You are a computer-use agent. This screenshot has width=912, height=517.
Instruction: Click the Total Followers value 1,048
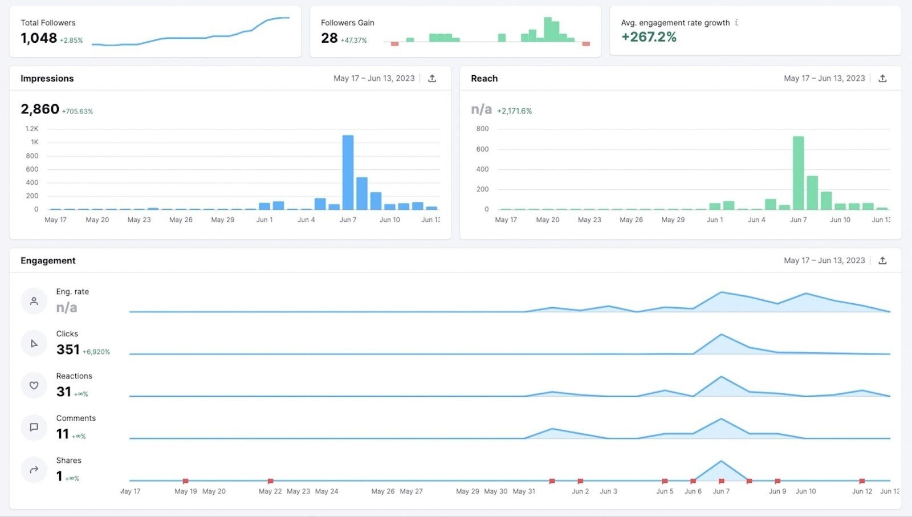point(39,38)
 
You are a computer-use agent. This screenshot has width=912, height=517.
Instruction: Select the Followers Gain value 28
point(329,38)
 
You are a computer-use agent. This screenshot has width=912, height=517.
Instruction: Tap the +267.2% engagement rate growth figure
point(649,37)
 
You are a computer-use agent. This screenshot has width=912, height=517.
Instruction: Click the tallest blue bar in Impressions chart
point(348,172)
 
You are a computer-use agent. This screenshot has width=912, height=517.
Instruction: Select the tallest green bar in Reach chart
point(798,173)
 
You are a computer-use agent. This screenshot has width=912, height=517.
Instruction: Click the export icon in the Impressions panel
point(432,79)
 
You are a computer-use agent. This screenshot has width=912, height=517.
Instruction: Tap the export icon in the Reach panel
point(882,79)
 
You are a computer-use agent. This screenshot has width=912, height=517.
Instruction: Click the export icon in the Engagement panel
point(882,260)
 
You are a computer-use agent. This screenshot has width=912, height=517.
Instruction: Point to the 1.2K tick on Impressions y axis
point(32,129)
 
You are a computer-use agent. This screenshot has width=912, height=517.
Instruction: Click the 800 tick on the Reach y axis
point(482,129)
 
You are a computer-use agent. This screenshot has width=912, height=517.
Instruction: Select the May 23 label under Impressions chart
point(139,219)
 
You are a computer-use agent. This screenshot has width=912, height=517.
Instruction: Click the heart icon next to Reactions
point(34,385)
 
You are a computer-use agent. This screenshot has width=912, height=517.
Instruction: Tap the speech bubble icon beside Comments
point(34,428)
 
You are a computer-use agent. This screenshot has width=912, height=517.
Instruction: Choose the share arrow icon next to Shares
point(34,470)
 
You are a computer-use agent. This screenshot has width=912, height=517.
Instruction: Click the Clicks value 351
point(68,349)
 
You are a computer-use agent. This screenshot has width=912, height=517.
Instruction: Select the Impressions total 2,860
point(40,109)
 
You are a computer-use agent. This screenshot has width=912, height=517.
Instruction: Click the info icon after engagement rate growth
point(736,23)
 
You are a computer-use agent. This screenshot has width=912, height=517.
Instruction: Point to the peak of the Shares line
point(721,461)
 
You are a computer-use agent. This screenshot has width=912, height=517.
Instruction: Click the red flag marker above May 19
point(185,481)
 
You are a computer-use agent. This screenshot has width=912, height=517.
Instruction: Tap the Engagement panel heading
point(48,260)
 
